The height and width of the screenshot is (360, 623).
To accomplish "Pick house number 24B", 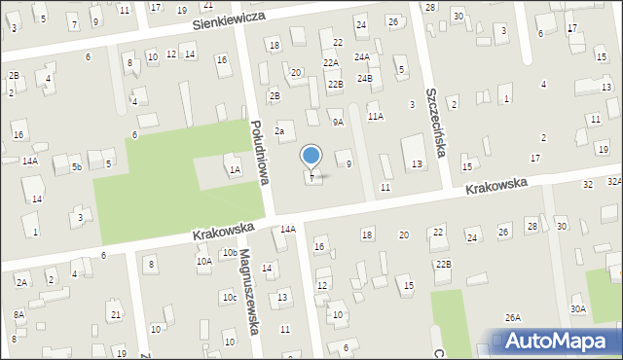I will (364, 78).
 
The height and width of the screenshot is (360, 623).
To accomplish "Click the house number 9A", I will (338, 122).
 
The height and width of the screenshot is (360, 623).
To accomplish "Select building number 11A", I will (375, 116).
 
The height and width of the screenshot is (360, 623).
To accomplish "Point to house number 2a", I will (279, 130).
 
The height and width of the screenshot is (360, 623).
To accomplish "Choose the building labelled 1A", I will (235, 170).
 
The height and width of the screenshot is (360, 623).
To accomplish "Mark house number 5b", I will (75, 166).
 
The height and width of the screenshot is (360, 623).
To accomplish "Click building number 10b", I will (229, 253).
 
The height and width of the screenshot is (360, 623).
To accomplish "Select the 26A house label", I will (512, 317).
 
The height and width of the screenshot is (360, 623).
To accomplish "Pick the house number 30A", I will (578, 308).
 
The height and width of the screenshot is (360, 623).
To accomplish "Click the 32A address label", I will (614, 182).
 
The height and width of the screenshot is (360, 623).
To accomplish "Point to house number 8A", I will (18, 314).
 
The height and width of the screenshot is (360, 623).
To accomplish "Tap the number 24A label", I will (361, 56).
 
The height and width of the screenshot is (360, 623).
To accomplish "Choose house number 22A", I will (331, 62).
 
